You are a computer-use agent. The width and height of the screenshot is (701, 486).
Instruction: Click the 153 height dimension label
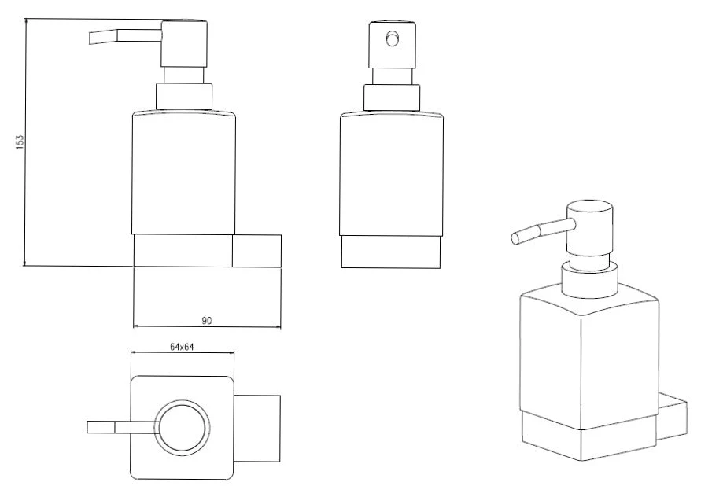[20, 142]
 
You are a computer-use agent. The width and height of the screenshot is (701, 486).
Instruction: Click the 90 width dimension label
[207, 320]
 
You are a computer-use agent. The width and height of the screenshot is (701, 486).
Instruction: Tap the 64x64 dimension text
[182, 347]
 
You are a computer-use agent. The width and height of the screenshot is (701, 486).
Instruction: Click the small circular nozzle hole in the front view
[393, 39]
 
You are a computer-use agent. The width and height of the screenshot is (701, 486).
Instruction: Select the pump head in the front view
[392, 45]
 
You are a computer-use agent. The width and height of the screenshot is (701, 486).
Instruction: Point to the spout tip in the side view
[90, 38]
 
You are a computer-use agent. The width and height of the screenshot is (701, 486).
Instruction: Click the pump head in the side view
[184, 44]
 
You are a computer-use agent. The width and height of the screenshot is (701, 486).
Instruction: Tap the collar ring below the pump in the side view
[184, 96]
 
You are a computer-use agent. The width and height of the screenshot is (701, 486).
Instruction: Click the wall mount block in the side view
[257, 251]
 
